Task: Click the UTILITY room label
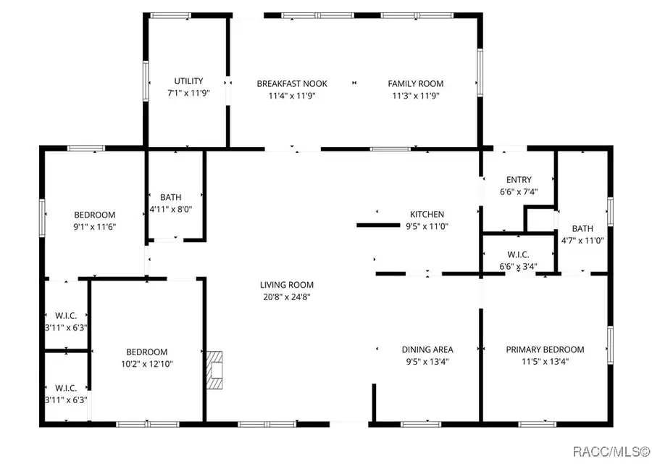[188, 81]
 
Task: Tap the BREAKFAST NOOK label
[286, 83]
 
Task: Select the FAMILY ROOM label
[416, 83]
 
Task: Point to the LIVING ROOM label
[286, 285]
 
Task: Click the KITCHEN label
[427, 214]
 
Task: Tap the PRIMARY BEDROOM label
[545, 349]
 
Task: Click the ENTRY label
[519, 180]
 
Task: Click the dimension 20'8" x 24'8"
[286, 297]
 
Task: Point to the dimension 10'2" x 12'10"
[146, 364]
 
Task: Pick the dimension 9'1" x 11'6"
[95, 226]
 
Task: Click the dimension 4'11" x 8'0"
[171, 209]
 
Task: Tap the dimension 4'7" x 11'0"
[582, 240]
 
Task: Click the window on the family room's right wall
[478, 72]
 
